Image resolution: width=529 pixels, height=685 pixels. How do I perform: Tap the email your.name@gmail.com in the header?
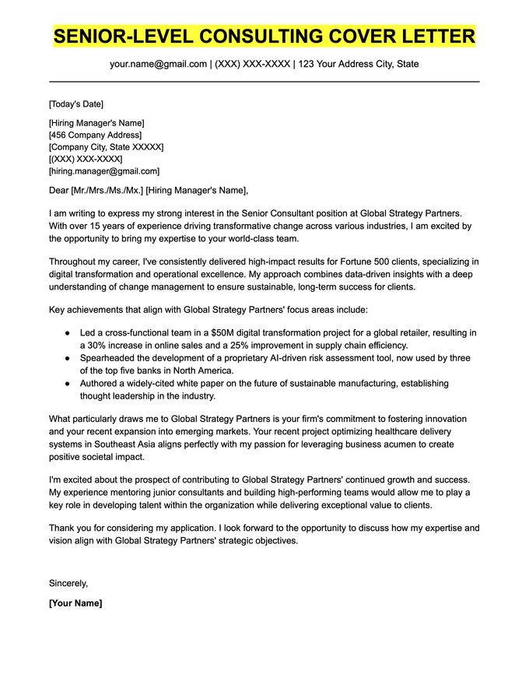[x=158, y=64]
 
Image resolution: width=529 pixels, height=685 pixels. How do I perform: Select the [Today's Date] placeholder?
[x=75, y=104]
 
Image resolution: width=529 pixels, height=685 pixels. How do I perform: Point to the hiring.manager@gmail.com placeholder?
[x=104, y=170]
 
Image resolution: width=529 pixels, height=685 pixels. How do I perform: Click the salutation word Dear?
[x=58, y=191]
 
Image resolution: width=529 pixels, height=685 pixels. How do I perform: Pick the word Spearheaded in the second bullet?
[x=110, y=358]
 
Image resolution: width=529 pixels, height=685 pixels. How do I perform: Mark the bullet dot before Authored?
[x=68, y=384]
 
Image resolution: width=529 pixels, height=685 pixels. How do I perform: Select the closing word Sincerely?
[x=68, y=582]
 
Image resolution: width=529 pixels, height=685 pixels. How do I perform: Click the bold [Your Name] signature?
[x=75, y=603]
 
